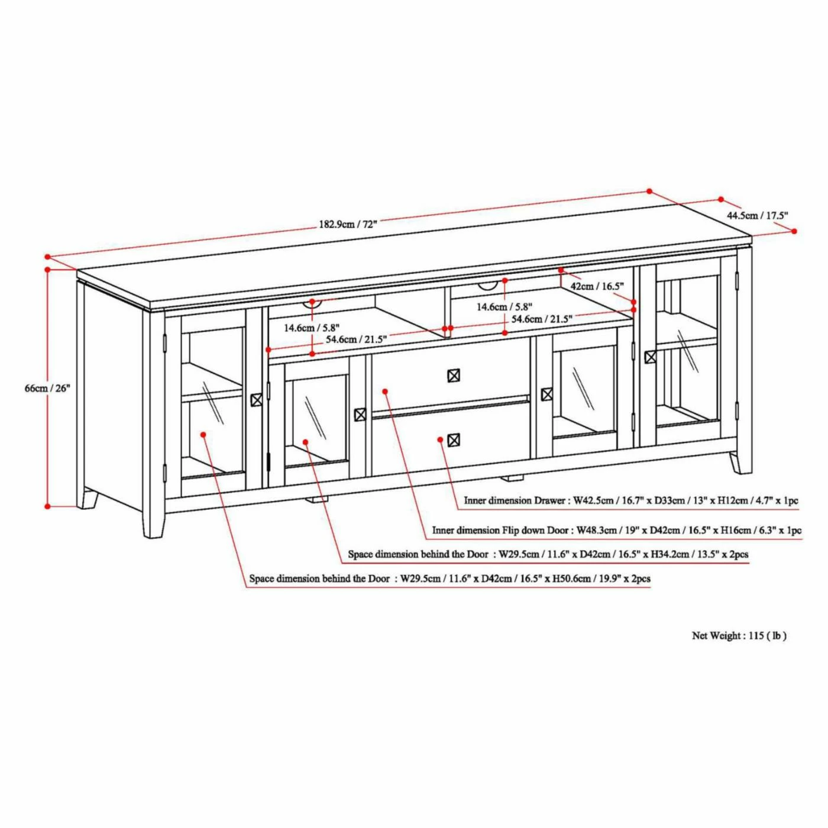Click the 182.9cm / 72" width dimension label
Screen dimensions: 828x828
(x=348, y=224)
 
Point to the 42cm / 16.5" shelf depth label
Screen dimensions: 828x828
(x=597, y=286)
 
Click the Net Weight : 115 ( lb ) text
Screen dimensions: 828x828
(x=739, y=636)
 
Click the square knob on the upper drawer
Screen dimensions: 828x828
(x=454, y=375)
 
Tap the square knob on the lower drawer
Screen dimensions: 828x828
(x=454, y=440)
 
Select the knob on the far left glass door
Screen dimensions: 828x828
(x=256, y=400)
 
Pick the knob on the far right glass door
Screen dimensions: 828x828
(x=650, y=357)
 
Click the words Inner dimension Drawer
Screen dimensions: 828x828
(x=515, y=501)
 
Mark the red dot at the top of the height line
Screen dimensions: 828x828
(x=47, y=269)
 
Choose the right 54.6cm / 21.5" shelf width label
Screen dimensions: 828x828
(x=542, y=319)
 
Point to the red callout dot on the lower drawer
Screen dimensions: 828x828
(x=440, y=439)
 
